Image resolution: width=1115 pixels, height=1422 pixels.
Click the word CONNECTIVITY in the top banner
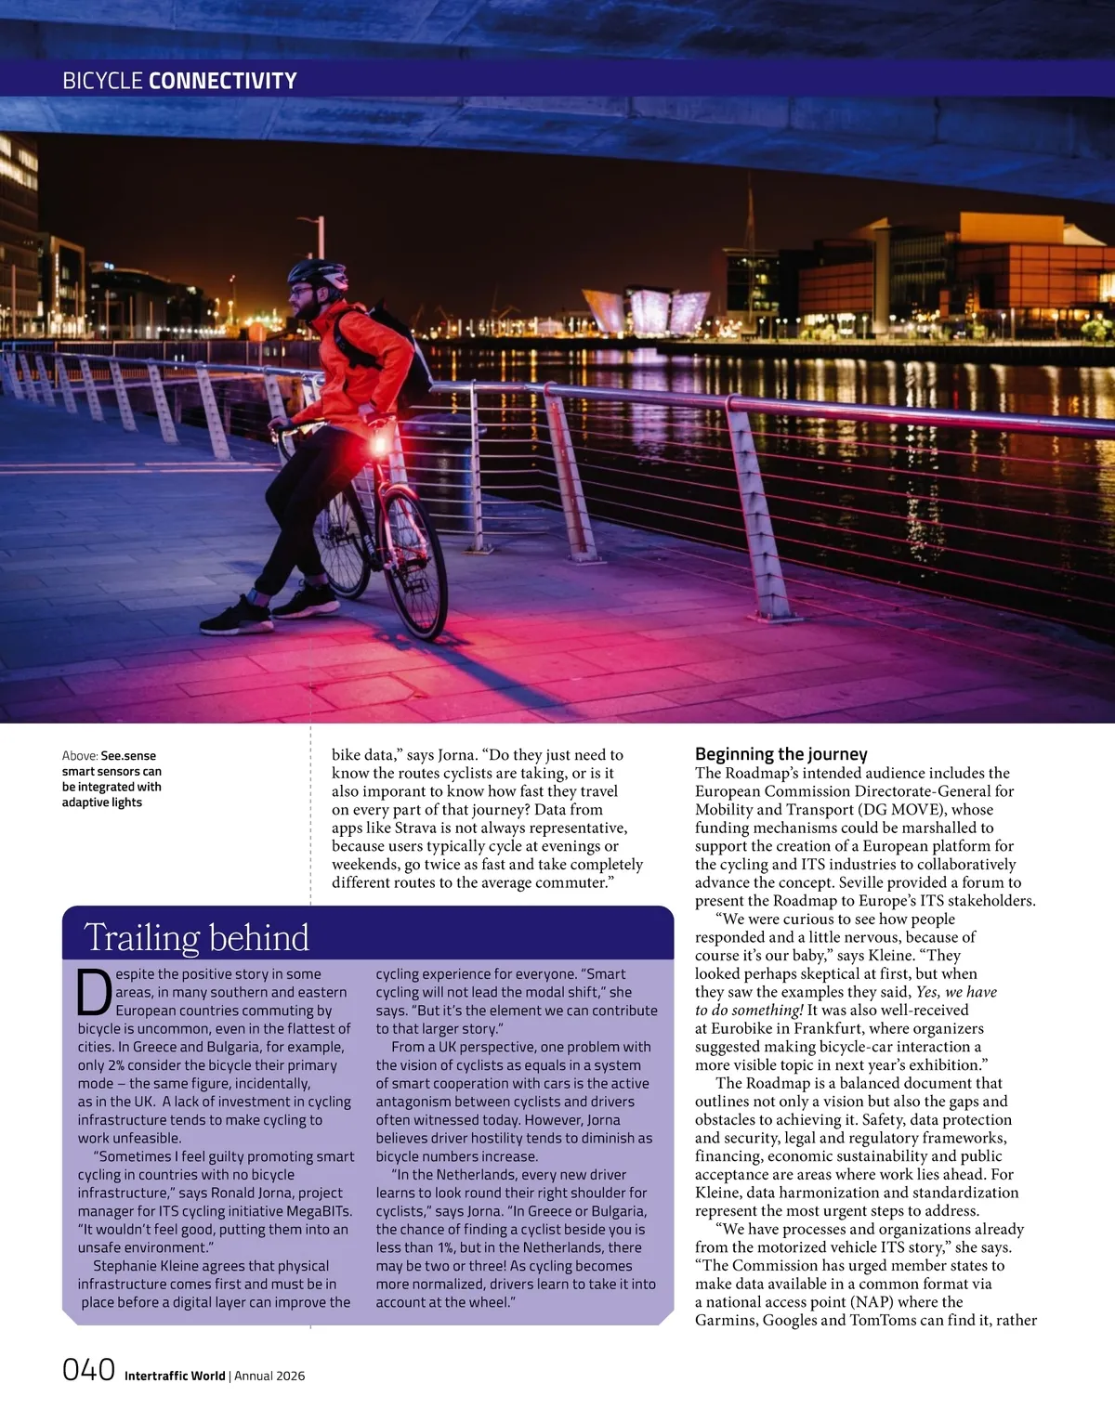pos(223,81)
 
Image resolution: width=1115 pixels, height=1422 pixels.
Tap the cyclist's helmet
pos(317,273)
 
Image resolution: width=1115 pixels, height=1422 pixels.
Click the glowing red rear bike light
pos(379,446)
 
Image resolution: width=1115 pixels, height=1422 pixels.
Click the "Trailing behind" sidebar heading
pos(196,937)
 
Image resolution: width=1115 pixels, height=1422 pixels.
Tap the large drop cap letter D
pos(94,992)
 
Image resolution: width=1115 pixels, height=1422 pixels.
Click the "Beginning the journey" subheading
pos(780,754)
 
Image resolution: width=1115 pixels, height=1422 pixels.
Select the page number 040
pos(88,1370)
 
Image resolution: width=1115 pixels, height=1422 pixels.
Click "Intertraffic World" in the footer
pos(175,1376)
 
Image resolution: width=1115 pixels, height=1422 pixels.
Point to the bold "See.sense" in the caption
pos(128,756)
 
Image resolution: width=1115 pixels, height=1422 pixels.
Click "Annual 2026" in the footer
pos(269,1376)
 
